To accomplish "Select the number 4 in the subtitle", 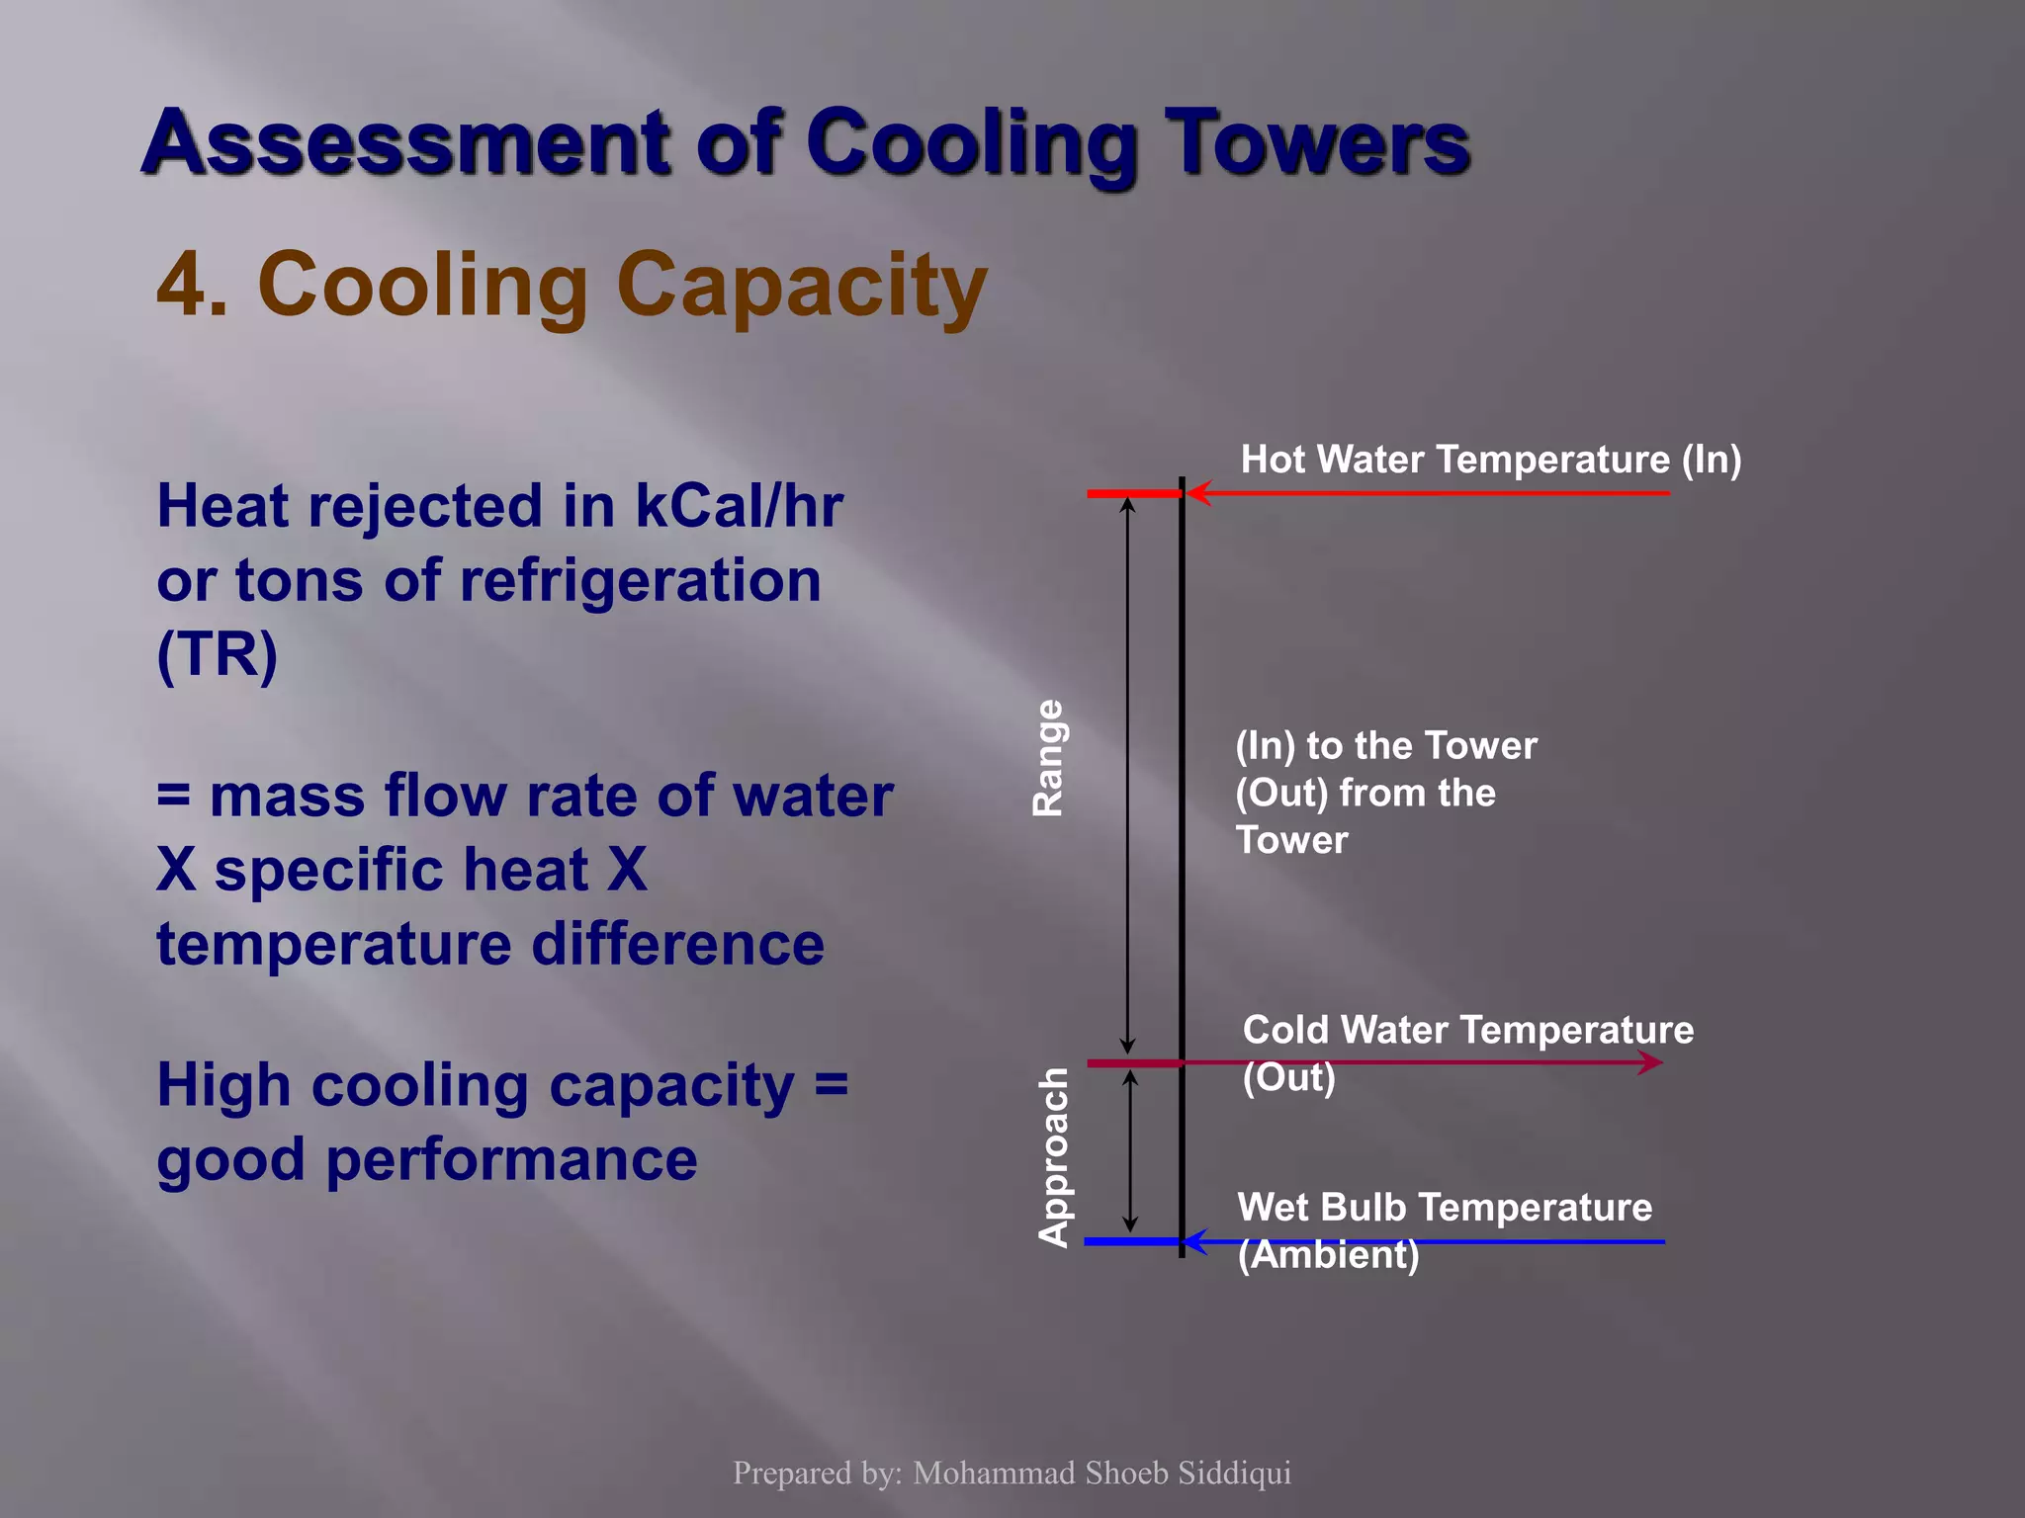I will pyautogui.click(x=181, y=285).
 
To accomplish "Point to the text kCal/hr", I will pyautogui.click(x=739, y=506).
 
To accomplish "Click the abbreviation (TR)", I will pyautogui.click(x=218, y=653).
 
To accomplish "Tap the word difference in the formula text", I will pyautogui.click(x=677, y=944).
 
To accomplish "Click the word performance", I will pyautogui.click(x=511, y=1159).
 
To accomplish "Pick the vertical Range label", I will pyautogui.click(x=1048, y=758).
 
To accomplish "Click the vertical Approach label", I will pyautogui.click(x=1054, y=1157).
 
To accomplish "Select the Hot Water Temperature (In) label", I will pyautogui.click(x=1490, y=460).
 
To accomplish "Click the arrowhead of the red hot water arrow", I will pyautogui.click(x=1196, y=492).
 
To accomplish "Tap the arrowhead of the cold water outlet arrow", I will pyautogui.click(x=1651, y=1062).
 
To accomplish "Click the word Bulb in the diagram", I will pyautogui.click(x=1365, y=1208).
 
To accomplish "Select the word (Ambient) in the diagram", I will pyautogui.click(x=1328, y=1255).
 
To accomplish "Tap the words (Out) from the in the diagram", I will pyautogui.click(x=1365, y=794).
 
